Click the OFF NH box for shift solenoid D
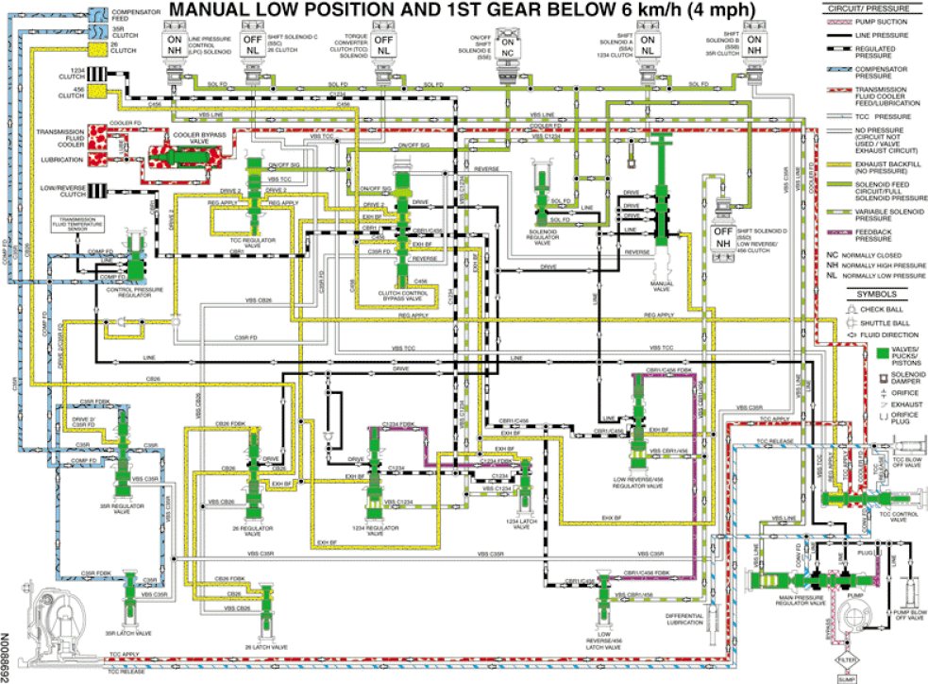point(723,238)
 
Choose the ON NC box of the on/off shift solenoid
point(507,47)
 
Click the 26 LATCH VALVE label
point(266,647)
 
